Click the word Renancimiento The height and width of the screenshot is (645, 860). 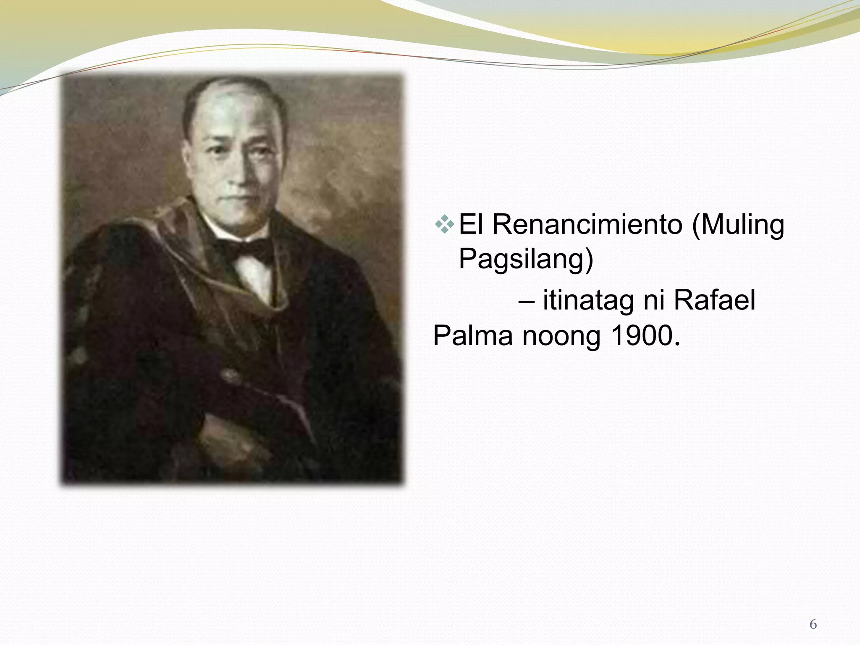click(587, 225)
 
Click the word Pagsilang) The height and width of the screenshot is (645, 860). click(526, 259)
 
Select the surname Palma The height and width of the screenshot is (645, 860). click(473, 336)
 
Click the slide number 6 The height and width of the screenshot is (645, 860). click(813, 624)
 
